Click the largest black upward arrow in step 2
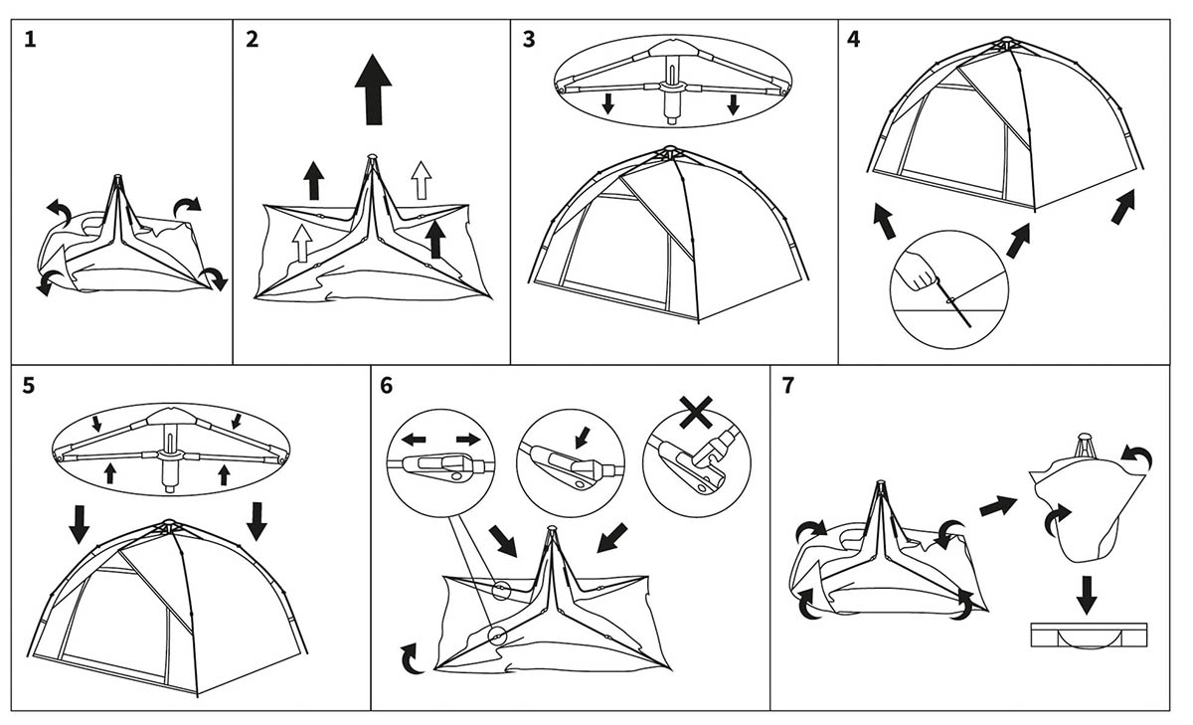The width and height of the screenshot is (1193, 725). (373, 89)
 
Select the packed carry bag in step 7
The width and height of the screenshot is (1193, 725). (1090, 634)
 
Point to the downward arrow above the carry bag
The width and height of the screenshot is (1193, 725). (1087, 594)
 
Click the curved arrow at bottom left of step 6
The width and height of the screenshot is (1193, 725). (409, 656)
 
